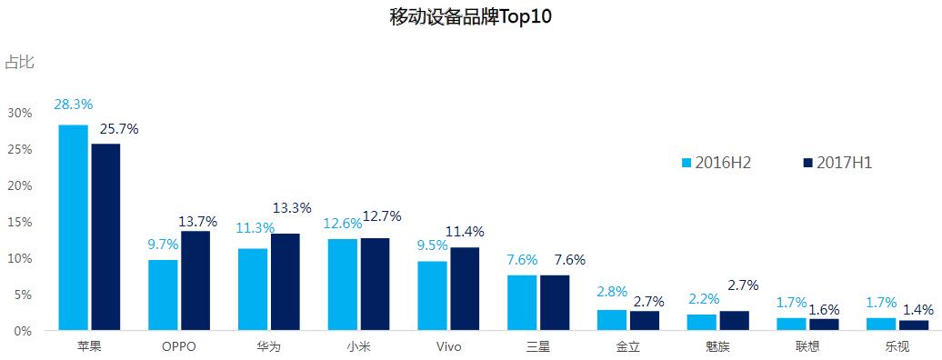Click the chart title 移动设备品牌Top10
[x=470, y=17]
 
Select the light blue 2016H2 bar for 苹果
[x=74, y=227]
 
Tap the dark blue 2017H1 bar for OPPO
[x=195, y=281]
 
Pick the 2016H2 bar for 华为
[x=253, y=289]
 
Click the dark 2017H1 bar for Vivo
[x=465, y=289]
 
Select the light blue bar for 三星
[x=522, y=303]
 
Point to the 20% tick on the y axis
[x=20, y=185]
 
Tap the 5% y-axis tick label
[x=23, y=295]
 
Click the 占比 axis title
[x=19, y=62]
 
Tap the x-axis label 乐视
[x=897, y=346]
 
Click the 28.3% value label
[x=74, y=105]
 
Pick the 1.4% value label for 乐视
[x=916, y=309]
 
